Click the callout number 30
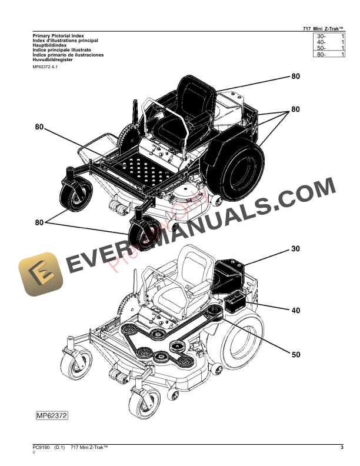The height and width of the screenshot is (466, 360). [295, 249]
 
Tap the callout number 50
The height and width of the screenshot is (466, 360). [295, 354]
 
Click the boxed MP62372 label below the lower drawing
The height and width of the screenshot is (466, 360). [52, 415]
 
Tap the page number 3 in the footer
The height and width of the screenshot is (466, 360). [342, 449]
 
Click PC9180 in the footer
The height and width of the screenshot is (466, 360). [42, 449]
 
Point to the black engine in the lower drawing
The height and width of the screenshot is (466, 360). [226, 273]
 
